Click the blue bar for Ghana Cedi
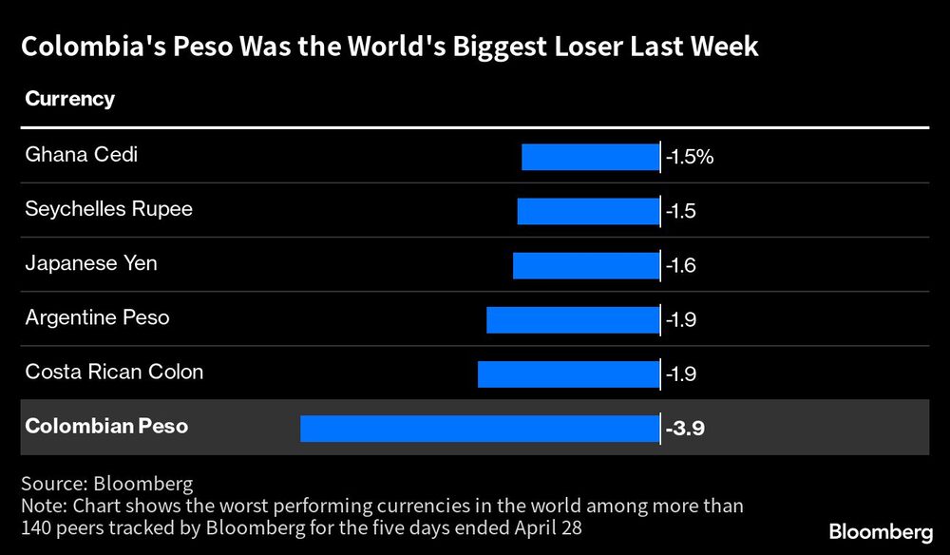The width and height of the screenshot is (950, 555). (x=590, y=157)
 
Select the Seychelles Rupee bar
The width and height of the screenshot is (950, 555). (x=588, y=211)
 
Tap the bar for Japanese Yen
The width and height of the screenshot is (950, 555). (x=586, y=265)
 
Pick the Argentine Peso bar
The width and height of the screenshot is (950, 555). (x=573, y=319)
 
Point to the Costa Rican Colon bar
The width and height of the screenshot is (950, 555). (x=568, y=373)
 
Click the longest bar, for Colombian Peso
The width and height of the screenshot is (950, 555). (x=480, y=428)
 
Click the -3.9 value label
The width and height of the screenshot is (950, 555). (x=685, y=429)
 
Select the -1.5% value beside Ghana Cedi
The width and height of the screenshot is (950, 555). (x=690, y=157)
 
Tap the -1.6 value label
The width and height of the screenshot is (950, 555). (x=681, y=265)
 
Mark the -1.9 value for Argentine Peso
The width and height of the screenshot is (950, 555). (x=681, y=320)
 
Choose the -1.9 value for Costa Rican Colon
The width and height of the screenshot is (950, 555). (x=681, y=374)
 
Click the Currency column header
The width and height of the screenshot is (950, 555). (x=69, y=99)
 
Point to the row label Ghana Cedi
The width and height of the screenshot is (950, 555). (x=81, y=154)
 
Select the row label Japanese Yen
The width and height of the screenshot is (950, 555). (x=91, y=262)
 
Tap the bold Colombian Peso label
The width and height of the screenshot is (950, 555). (x=106, y=426)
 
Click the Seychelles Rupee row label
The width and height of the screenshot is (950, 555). (x=108, y=208)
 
